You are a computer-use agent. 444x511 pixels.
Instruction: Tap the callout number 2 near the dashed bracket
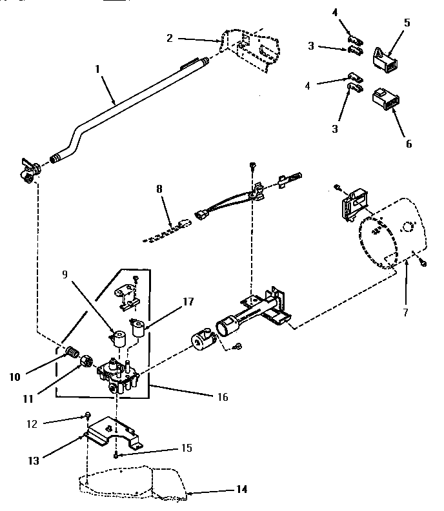[x=169, y=38]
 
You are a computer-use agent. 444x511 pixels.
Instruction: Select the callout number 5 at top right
[x=407, y=22]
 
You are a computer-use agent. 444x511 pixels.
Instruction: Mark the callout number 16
[x=221, y=397]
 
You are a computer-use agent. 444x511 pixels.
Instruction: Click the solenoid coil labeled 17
[x=137, y=331]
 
